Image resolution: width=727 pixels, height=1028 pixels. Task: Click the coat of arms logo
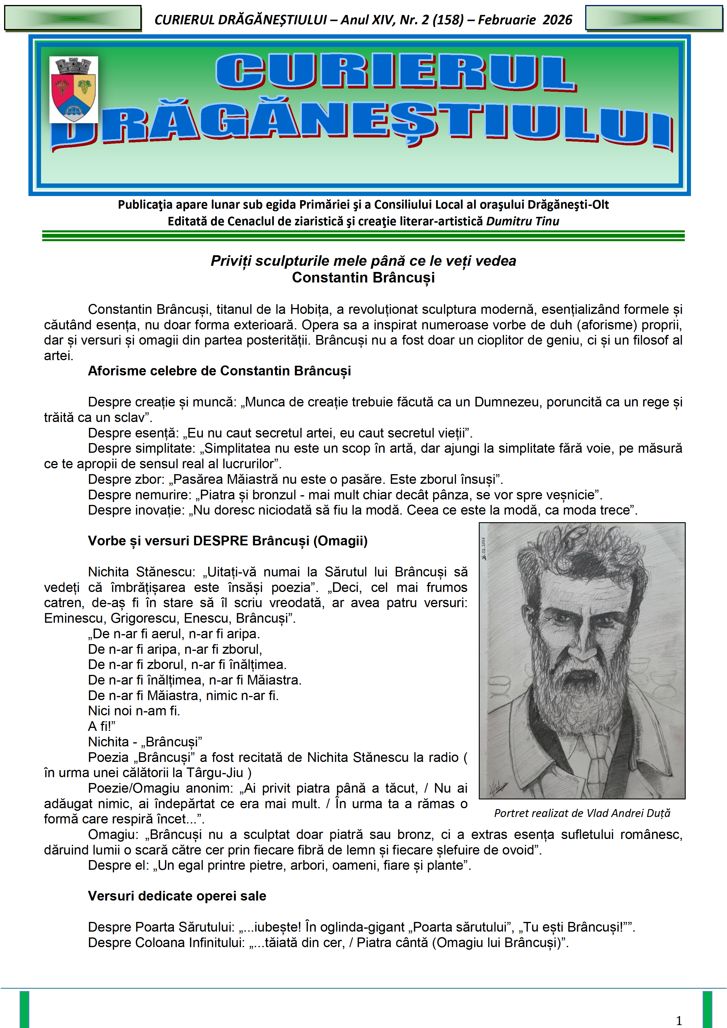pos(74,90)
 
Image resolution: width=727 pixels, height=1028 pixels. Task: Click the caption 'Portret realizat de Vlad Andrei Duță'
pos(582,813)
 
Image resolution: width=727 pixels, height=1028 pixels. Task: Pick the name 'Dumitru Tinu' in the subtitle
pos(522,221)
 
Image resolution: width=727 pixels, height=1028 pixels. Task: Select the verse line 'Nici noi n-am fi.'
pos(134,711)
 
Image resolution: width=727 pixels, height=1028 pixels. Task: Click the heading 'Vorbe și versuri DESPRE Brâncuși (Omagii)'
pos(227,541)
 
